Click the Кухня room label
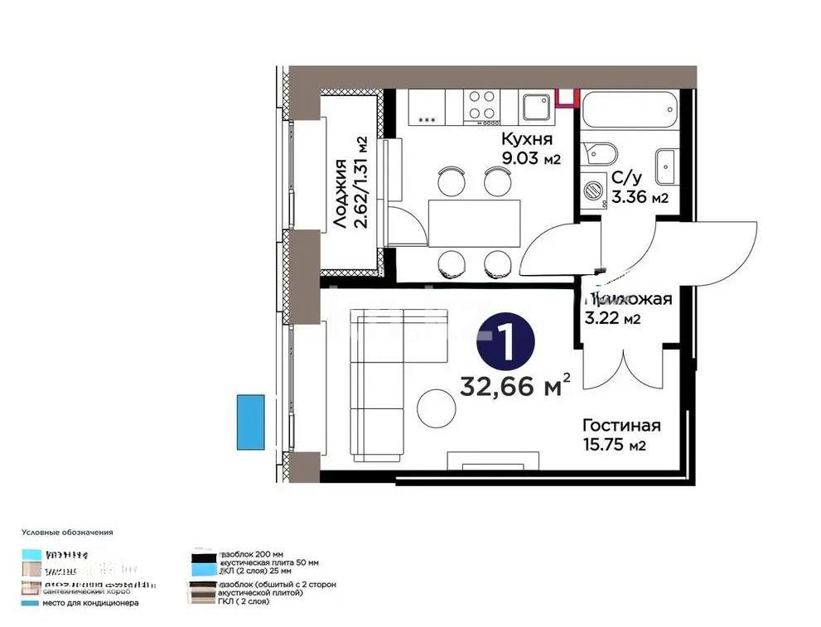(527, 139)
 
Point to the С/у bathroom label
(626, 178)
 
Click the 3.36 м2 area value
(640, 197)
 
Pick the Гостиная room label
(621, 426)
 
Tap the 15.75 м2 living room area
(614, 446)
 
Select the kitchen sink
(535, 106)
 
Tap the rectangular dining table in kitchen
(475, 223)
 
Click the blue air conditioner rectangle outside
(250, 422)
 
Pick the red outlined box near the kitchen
(566, 98)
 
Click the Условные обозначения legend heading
(67, 533)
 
